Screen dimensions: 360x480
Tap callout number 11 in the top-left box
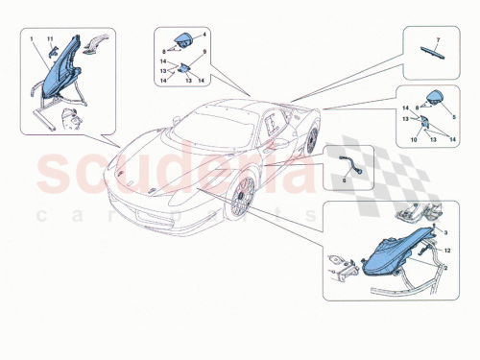point(51,39)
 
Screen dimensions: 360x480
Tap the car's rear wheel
point(312,140)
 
